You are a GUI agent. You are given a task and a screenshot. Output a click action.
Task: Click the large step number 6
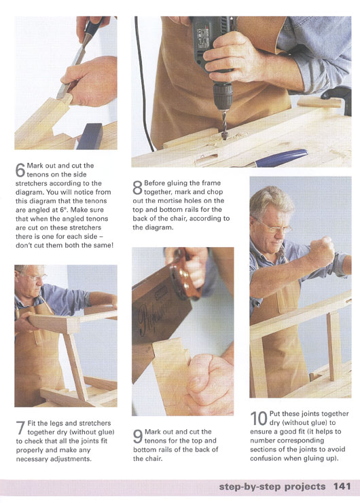click(x=20, y=170)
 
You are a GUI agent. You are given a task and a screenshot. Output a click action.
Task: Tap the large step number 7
click(x=20, y=428)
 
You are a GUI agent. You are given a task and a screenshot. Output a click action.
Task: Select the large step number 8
click(x=137, y=188)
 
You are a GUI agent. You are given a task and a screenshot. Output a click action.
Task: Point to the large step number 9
click(x=138, y=436)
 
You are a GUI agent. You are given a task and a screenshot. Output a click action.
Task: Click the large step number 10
click(x=259, y=419)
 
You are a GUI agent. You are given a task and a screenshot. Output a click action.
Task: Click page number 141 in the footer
click(x=342, y=486)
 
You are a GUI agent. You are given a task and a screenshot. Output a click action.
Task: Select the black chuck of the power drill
click(x=222, y=96)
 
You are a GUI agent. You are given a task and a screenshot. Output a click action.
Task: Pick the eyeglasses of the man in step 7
click(x=31, y=276)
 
